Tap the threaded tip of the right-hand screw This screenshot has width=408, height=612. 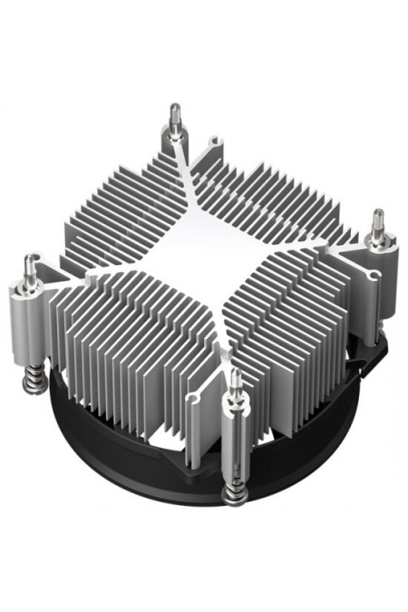pos(377,221)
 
